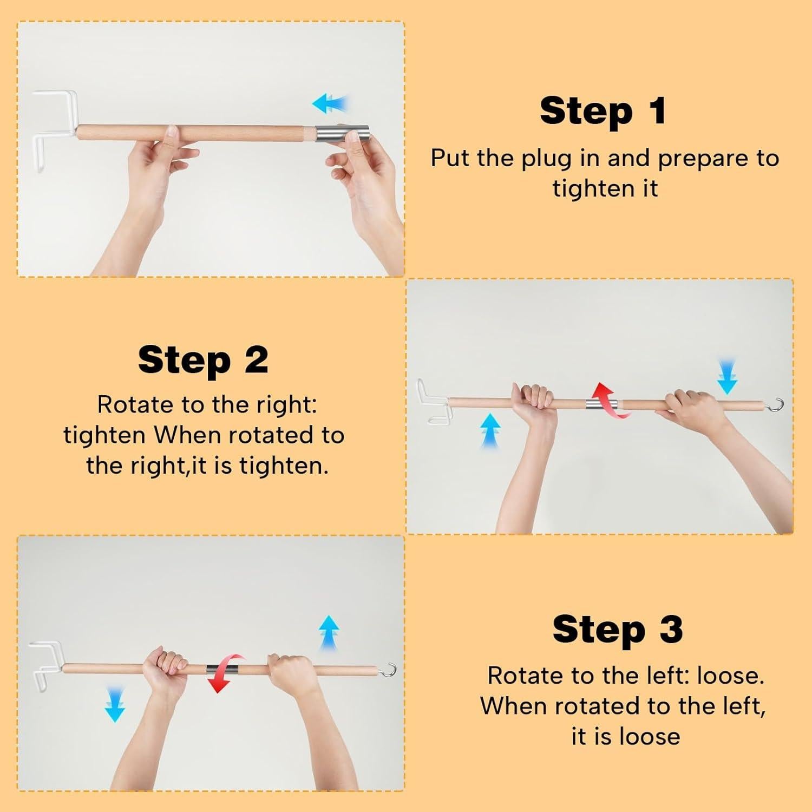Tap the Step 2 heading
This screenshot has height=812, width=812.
pos(203,359)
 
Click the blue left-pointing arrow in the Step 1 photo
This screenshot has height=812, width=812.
pos(330,103)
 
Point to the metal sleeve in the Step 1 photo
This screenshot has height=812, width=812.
pos(343,133)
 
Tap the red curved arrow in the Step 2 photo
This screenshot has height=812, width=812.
pos(611,401)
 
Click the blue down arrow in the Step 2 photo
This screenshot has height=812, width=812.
pos(727,375)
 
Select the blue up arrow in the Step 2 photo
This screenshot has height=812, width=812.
pos(490,431)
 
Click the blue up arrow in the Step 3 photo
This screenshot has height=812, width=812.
pos(329,632)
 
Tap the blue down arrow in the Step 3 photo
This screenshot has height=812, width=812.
pos(114,704)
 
